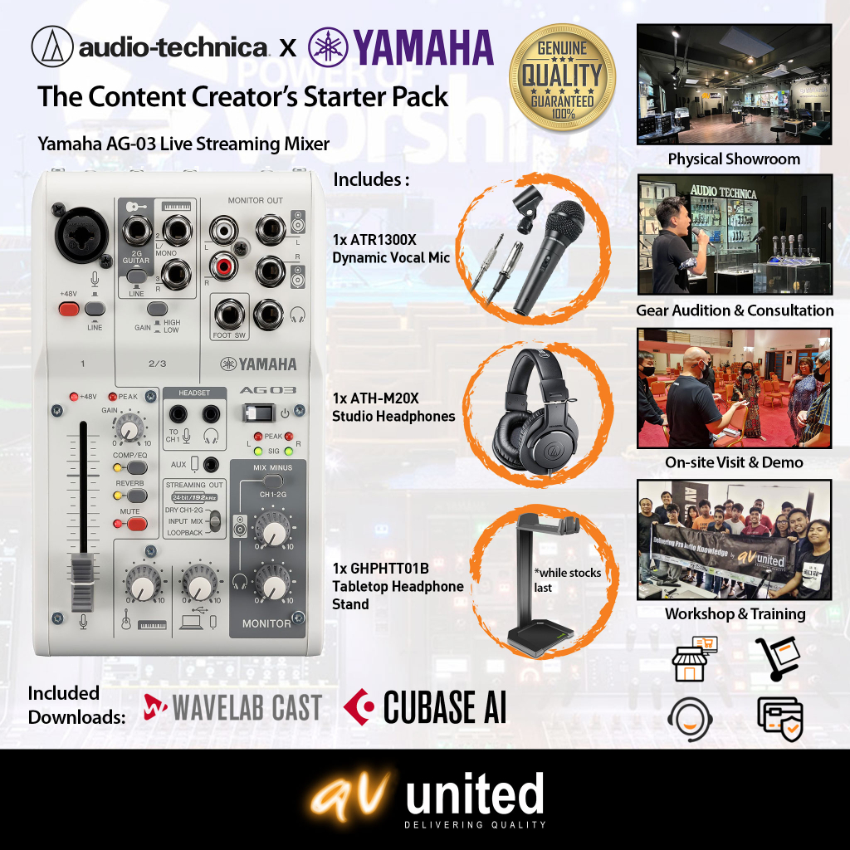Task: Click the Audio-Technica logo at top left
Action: pos(149,48)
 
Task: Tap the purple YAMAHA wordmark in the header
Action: pos(400,47)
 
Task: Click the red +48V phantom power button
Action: pos(69,310)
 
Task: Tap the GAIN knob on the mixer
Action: pos(127,428)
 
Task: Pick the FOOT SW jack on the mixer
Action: pos(227,314)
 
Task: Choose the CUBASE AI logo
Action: pos(425,708)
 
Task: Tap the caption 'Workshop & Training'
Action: pos(735,614)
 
